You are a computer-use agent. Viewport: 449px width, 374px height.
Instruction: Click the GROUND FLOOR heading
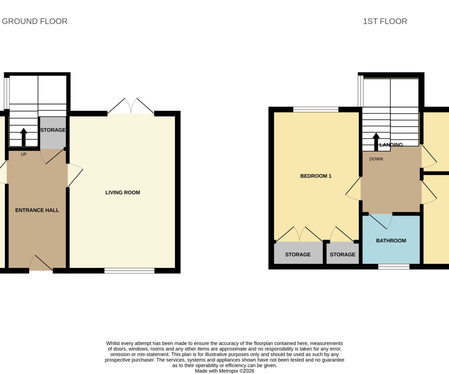point(35,21)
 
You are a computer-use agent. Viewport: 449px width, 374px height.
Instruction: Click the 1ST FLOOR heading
point(385,21)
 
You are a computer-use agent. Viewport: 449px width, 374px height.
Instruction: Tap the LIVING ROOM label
point(123,192)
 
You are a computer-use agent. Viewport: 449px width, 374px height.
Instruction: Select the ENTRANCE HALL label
point(37,210)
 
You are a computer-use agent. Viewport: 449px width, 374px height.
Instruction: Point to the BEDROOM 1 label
point(316,176)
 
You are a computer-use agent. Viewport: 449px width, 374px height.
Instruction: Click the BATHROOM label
point(391,240)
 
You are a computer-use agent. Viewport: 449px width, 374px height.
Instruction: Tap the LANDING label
point(391,145)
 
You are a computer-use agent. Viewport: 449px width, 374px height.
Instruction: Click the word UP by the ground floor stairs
point(24,154)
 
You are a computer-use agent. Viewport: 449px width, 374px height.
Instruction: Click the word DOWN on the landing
point(376,159)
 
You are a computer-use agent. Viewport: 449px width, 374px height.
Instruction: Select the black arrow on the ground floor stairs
point(24,137)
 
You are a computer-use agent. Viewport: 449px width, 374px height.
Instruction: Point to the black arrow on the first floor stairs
point(376,142)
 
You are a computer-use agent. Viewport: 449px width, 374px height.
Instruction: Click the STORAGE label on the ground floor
point(53,130)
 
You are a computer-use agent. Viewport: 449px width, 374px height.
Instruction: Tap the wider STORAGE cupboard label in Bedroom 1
point(298,254)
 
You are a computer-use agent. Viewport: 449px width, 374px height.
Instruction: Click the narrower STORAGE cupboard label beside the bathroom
point(343,254)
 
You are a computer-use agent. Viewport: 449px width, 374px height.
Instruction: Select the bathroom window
point(394,267)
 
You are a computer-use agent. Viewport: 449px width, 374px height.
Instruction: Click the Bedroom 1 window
point(316,110)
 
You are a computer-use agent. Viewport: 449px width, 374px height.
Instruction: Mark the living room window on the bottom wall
point(129,271)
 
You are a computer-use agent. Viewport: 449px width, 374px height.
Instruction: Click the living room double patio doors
point(131,106)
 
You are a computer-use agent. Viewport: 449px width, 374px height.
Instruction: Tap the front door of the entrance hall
point(41,263)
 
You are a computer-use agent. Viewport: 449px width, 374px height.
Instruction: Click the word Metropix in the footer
point(228,371)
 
